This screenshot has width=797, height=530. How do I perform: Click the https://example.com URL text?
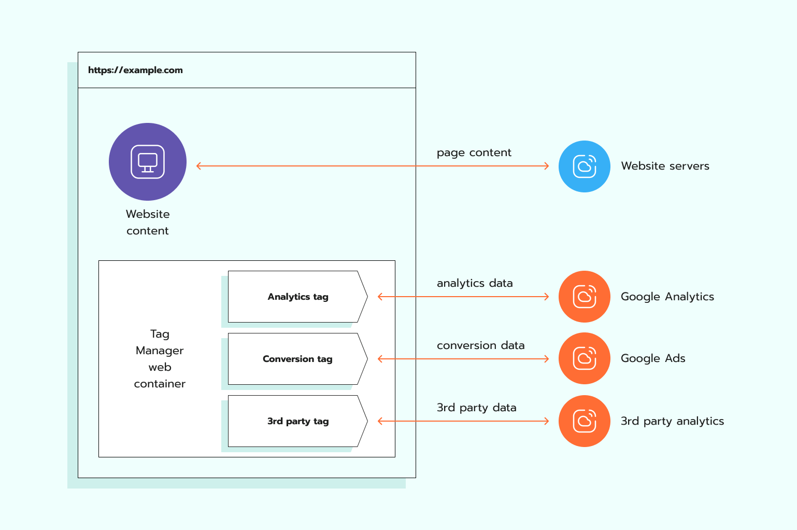[135, 70]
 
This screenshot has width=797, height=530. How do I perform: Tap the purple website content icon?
[148, 162]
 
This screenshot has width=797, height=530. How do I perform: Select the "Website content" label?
[148, 222]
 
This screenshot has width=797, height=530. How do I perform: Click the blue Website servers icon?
[584, 166]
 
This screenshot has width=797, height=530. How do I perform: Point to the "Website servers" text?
[665, 166]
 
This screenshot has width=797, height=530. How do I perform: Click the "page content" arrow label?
[474, 152]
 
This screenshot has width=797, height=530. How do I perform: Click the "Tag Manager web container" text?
[160, 359]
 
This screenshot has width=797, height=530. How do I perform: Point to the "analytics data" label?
[475, 283]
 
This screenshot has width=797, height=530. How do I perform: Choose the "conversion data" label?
[480, 345]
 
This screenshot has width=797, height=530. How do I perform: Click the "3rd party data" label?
[476, 408]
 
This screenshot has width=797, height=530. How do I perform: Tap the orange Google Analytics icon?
[584, 297]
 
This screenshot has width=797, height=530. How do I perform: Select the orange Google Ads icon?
[584, 358]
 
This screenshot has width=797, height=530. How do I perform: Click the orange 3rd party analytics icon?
[584, 421]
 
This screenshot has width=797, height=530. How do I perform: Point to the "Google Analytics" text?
[667, 297]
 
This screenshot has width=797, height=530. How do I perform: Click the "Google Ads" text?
[652, 358]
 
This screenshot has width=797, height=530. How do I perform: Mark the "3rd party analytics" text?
[672, 421]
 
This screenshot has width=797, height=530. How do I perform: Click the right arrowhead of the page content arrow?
[547, 166]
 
